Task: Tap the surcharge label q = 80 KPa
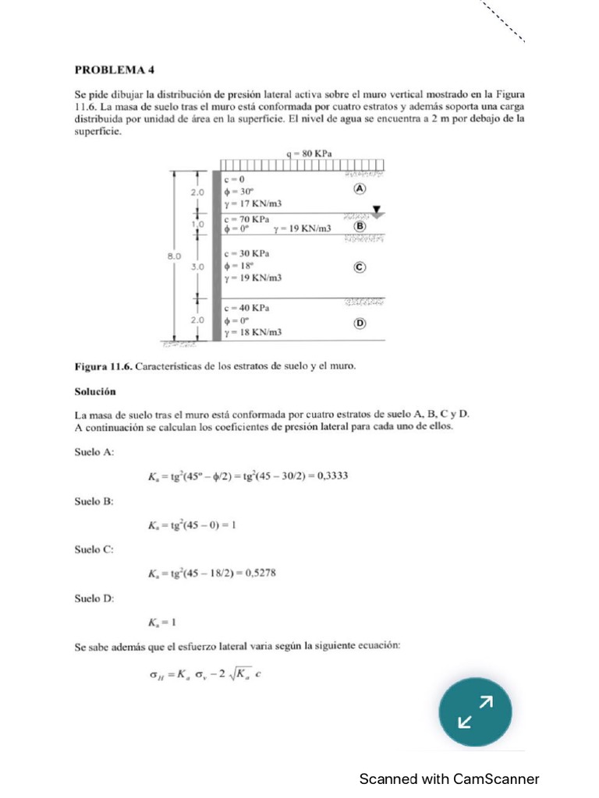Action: [x=310, y=154]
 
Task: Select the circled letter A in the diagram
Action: [x=360, y=189]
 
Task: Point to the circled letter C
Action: [x=360, y=267]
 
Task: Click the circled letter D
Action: [x=360, y=323]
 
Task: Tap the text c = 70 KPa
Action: [x=246, y=219]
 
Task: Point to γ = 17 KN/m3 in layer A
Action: [x=253, y=203]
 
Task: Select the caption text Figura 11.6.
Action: [x=105, y=365]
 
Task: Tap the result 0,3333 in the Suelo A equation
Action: [x=330, y=476]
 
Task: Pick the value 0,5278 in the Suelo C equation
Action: [x=260, y=574]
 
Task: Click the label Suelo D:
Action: [x=94, y=598]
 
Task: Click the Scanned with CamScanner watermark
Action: [x=448, y=779]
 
